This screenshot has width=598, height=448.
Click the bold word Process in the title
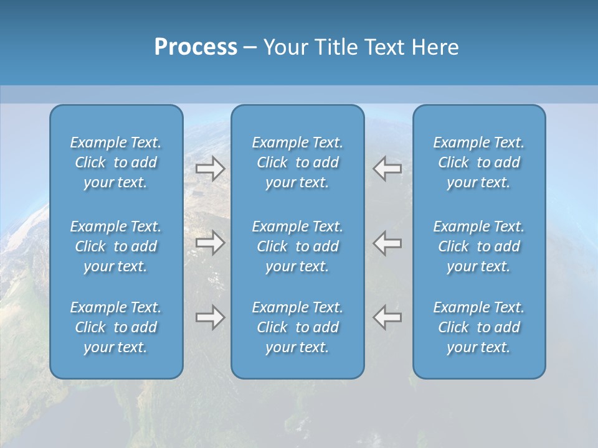coord(196,47)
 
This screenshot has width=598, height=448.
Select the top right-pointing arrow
coord(211,169)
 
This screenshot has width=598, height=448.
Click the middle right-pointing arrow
coord(211,243)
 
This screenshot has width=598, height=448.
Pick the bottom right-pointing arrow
coord(211,317)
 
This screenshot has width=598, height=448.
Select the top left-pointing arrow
coord(387,169)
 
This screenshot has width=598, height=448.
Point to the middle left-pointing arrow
coord(387,243)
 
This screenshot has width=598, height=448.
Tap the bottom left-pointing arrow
coord(387,317)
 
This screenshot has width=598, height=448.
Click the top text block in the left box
coord(116,162)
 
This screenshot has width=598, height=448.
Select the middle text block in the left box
coord(116,246)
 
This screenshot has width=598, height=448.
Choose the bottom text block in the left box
coord(116,327)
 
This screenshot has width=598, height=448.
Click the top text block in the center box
coord(298,162)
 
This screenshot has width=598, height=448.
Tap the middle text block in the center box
coord(298,246)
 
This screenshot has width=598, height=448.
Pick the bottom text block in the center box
coord(298,327)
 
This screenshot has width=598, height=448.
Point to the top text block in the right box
coord(479,162)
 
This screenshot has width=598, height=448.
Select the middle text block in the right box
coord(479,246)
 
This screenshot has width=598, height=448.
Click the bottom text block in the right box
coord(479,327)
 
